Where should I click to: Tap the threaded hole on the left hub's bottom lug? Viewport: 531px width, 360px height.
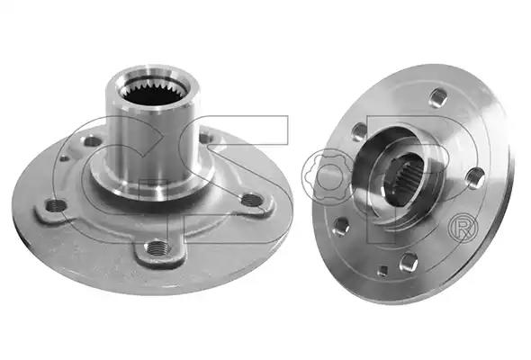coord(156,247)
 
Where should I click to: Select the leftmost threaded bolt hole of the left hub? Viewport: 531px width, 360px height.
coord(56,204)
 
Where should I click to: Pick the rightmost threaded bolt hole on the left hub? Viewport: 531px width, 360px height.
coord(252,200)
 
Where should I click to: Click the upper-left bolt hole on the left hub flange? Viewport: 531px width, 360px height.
coord(91,141)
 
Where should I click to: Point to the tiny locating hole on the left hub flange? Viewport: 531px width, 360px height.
coord(64,157)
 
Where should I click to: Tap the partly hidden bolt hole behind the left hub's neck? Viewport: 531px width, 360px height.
coord(205,138)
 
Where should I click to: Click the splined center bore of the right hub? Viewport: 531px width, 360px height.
coord(404,179)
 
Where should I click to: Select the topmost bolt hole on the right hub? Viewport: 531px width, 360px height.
coord(436,97)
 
